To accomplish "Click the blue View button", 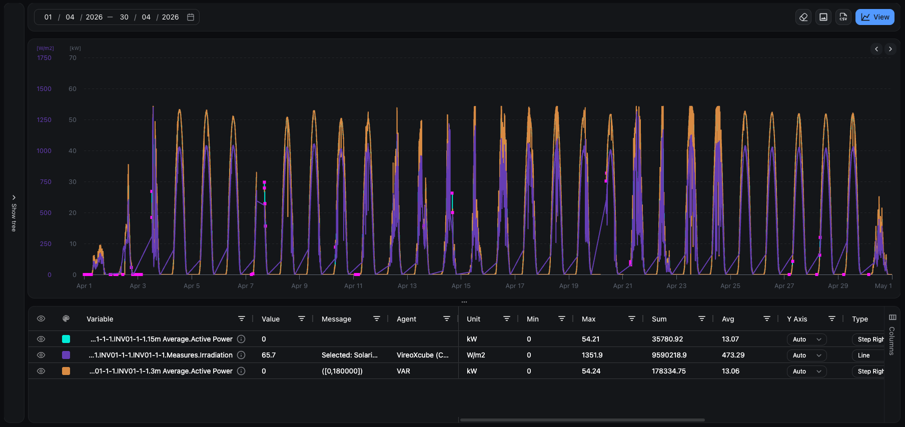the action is point(874,17).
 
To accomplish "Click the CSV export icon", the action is point(843,17).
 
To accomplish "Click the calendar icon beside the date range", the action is point(191,17).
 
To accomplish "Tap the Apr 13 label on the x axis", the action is point(407,286).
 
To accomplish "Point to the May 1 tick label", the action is point(883,286).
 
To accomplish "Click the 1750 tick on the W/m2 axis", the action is point(44,58).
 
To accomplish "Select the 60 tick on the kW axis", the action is point(73,89).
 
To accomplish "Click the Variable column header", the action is point(100,319).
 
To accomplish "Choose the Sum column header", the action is point(659,319).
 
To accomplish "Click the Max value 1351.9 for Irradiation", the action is point(592,355).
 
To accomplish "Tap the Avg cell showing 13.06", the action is point(730,371).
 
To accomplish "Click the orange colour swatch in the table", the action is point(66,371).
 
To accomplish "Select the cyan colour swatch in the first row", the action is point(66,339).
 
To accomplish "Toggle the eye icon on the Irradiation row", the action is point(41,355).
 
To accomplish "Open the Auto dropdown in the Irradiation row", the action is point(806,355).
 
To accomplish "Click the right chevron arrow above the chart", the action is point(890,49).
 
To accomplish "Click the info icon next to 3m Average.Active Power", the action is point(241,371).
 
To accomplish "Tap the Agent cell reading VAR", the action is point(403,371).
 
